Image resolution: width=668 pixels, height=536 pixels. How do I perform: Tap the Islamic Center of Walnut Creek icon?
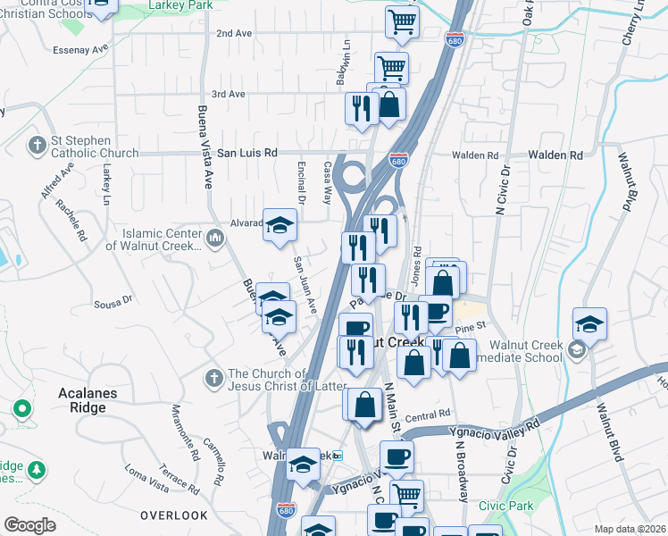[x=215, y=238]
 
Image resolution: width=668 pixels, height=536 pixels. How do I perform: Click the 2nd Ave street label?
[x=234, y=33]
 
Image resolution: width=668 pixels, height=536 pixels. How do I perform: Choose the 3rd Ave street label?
[x=228, y=94]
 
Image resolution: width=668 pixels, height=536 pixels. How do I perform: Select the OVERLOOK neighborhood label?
[x=173, y=515]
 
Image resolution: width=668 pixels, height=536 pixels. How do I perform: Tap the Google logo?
[x=30, y=525]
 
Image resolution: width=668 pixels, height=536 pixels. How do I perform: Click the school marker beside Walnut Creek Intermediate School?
[x=590, y=324]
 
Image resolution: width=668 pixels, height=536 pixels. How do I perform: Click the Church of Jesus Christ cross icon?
[x=214, y=378]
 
